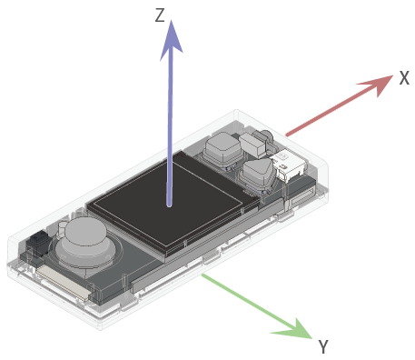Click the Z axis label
pyautogui.click(x=160, y=15)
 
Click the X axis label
pyautogui.click(x=404, y=78)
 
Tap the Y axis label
pyautogui.click(x=323, y=346)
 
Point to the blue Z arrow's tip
pyautogui.click(x=171, y=21)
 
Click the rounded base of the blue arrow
pyautogui.click(x=169, y=205)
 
